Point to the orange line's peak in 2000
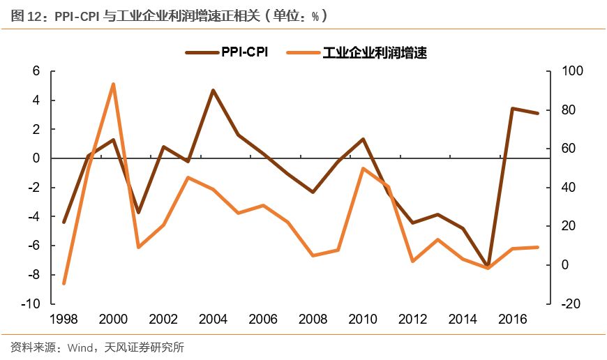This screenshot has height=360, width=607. pyautogui.click(x=113, y=84)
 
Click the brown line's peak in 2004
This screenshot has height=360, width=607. pyautogui.click(x=213, y=90)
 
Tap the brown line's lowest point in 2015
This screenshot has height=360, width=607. pyautogui.click(x=488, y=266)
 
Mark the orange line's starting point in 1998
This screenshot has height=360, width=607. pyautogui.click(x=63, y=284)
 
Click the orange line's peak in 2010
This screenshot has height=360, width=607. pyautogui.click(x=363, y=168)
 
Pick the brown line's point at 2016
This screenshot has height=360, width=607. pyautogui.click(x=513, y=108)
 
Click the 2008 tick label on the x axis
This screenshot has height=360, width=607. pyautogui.click(x=313, y=319)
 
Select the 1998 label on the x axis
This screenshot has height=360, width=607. pyautogui.click(x=63, y=319)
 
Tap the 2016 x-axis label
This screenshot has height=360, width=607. pyautogui.click(x=513, y=319)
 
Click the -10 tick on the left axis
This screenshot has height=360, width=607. pyautogui.click(x=30, y=303)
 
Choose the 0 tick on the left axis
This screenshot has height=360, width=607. pyautogui.click(x=35, y=158)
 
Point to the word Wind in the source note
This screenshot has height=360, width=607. pyautogui.click(x=79, y=347)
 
